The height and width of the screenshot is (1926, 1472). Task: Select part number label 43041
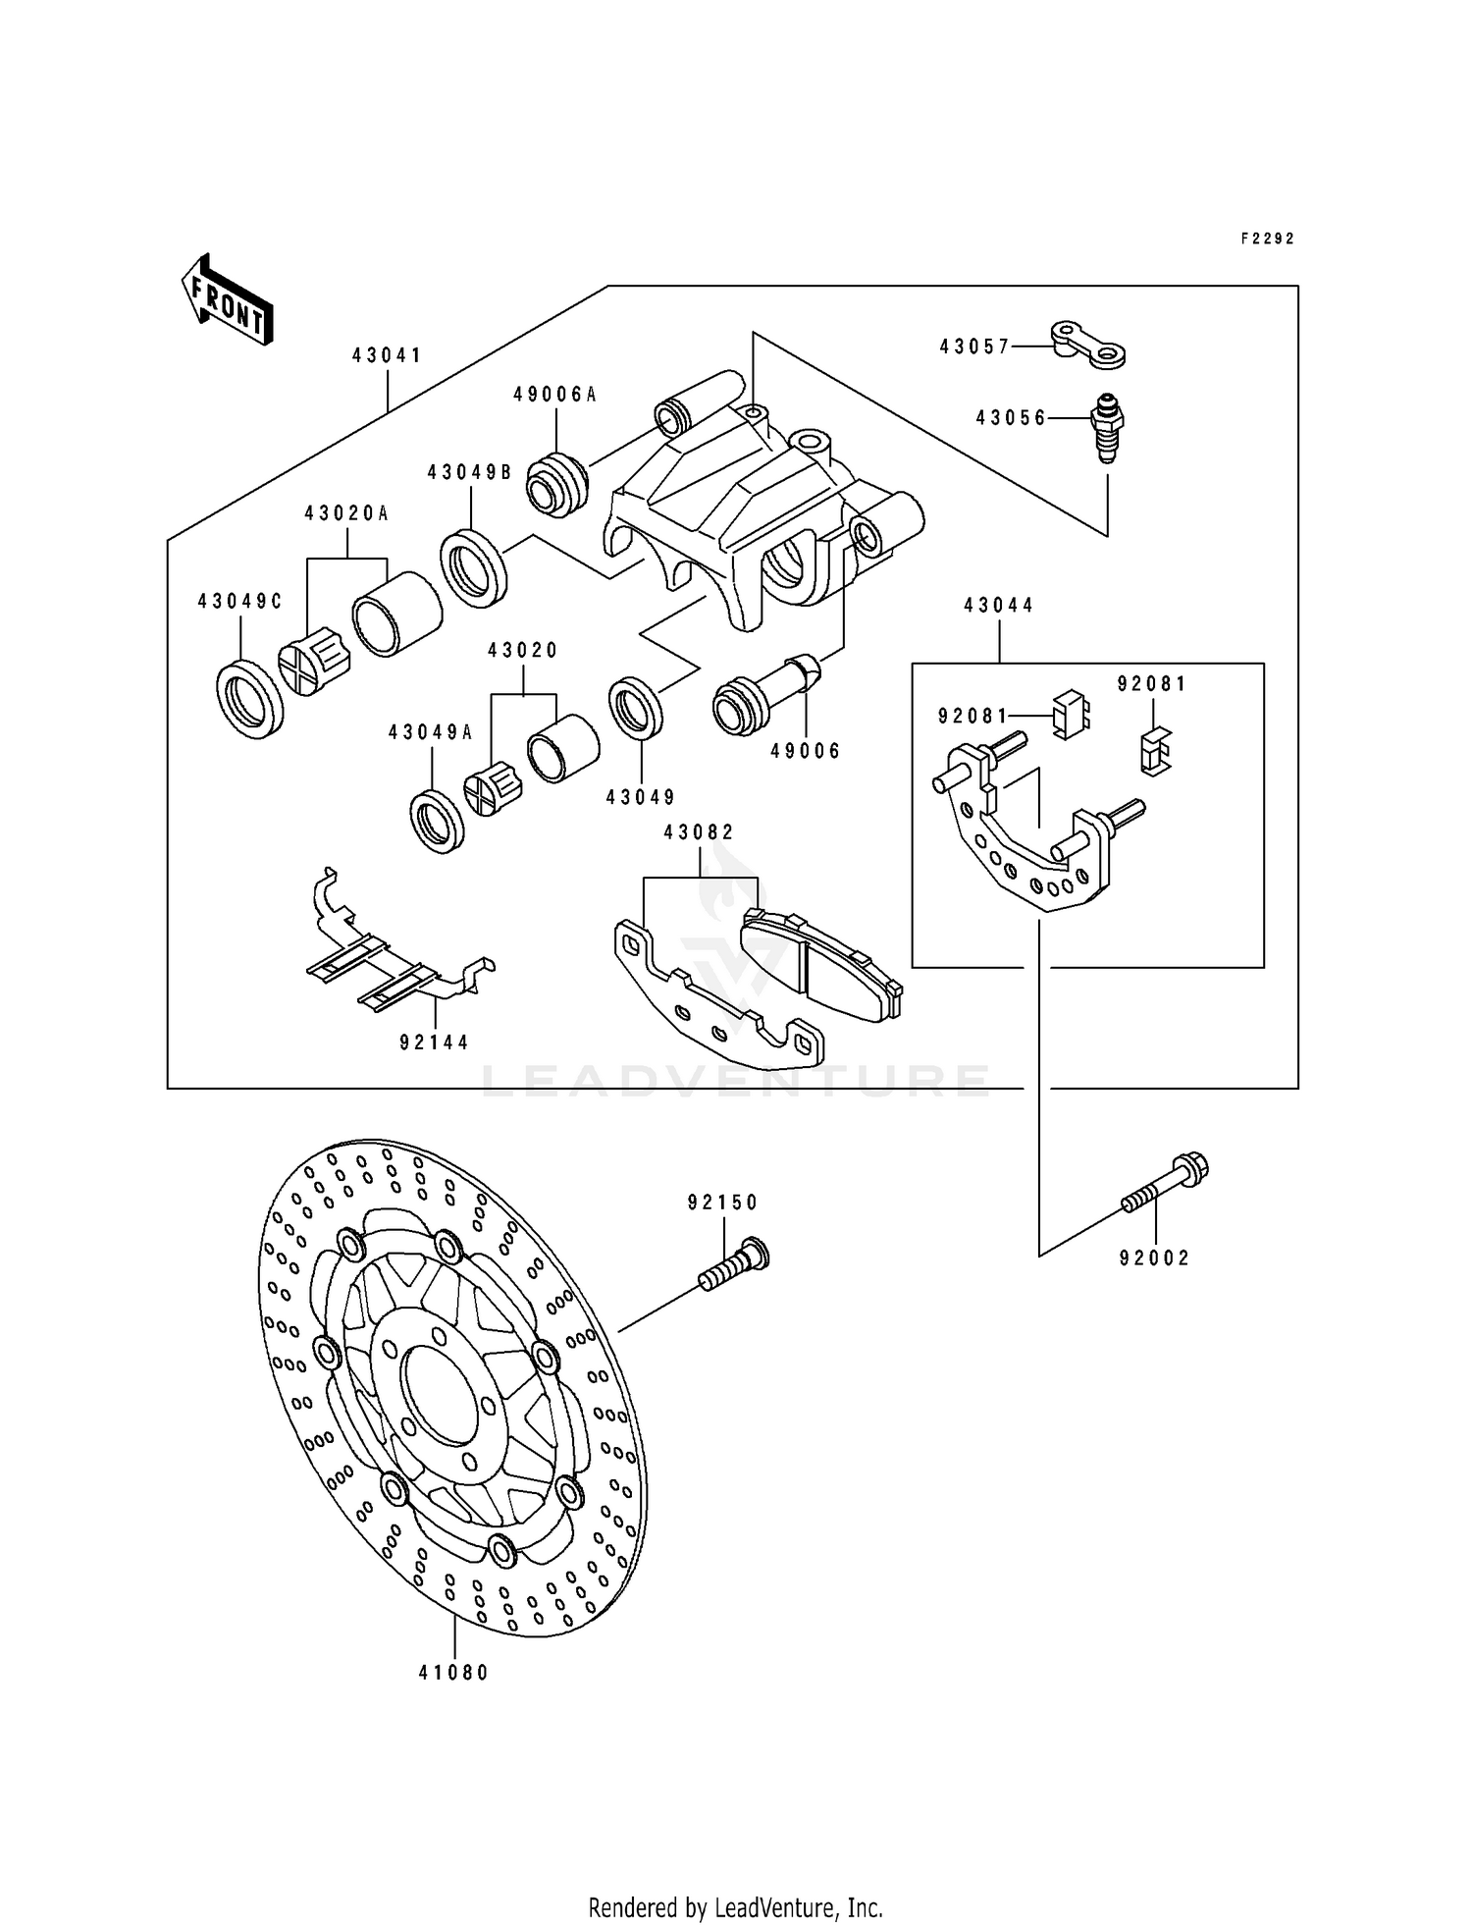click(x=387, y=355)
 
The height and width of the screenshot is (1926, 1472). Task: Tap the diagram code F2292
click(x=1267, y=239)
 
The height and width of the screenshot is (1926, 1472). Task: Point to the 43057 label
click(x=973, y=347)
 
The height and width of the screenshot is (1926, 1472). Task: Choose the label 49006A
click(x=554, y=395)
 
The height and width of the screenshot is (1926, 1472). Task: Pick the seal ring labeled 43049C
click(x=250, y=699)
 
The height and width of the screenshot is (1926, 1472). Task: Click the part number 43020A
click(x=345, y=512)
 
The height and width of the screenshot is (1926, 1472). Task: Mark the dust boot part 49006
click(x=765, y=697)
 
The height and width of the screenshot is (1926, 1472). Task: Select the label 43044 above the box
click(x=999, y=606)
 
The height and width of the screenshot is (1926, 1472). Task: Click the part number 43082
click(x=699, y=832)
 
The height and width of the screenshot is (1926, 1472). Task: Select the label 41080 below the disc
click(x=453, y=1673)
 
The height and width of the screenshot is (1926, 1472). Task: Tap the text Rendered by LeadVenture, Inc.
click(x=735, y=1907)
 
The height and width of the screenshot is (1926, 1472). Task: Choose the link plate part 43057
click(x=1087, y=344)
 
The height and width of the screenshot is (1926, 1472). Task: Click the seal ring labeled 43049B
click(x=473, y=566)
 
